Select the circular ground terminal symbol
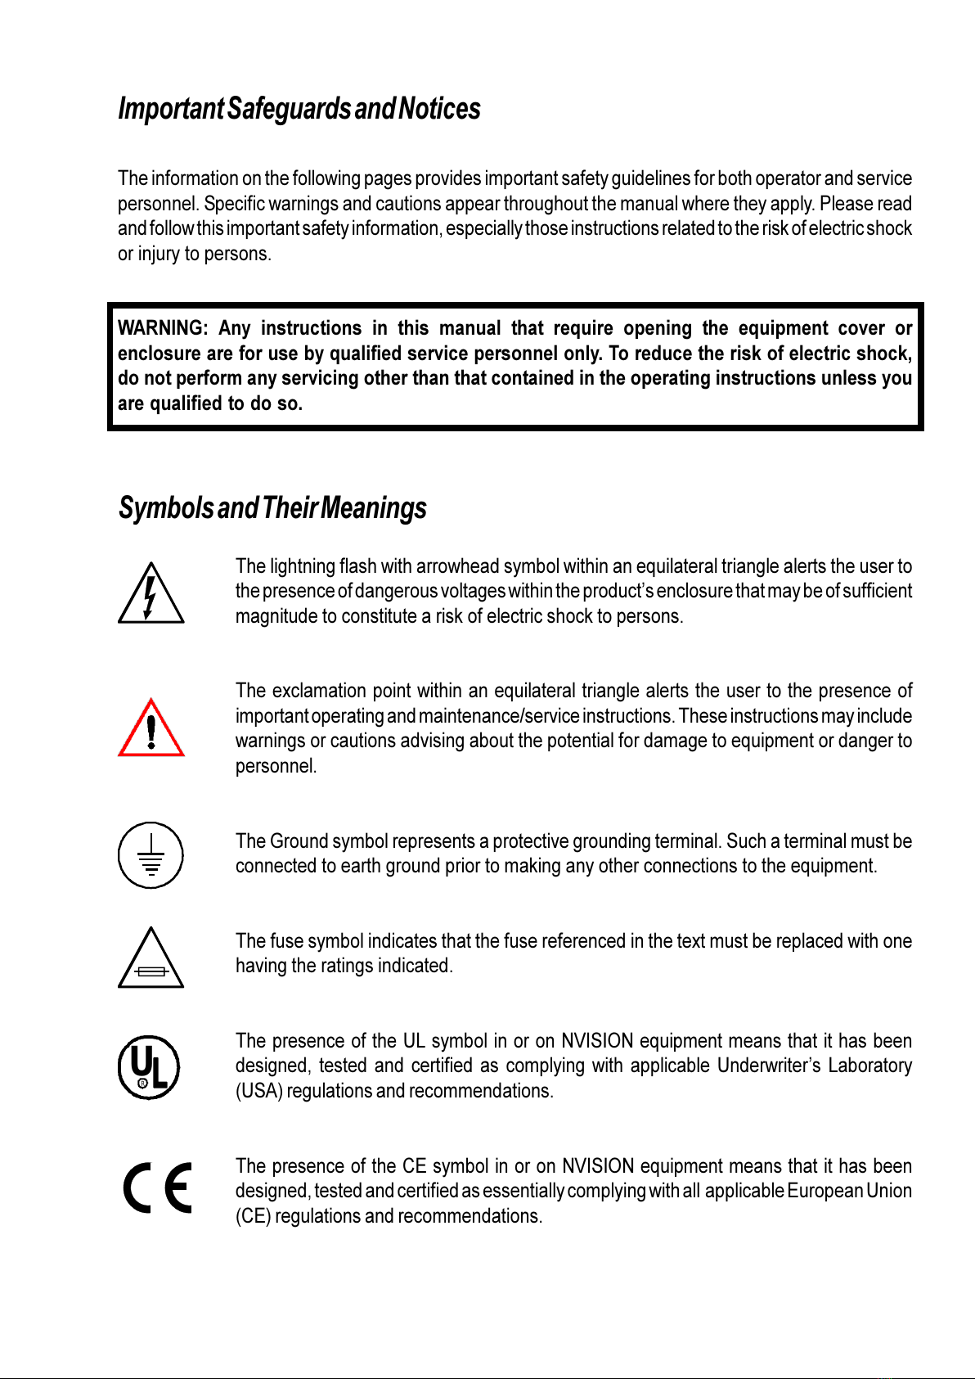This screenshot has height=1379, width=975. pyautogui.click(x=151, y=855)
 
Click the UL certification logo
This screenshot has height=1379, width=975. pyautogui.click(x=148, y=1067)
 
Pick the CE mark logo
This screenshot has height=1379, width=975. pyautogui.click(x=158, y=1187)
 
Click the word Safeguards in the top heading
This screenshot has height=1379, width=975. pyautogui.click(x=290, y=109)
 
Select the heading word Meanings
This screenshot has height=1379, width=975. pyautogui.click(x=374, y=508)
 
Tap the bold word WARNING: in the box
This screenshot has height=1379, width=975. pyautogui.click(x=163, y=329)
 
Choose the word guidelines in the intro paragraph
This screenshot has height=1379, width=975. pyautogui.click(x=650, y=178)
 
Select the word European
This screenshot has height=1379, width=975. pyautogui.click(x=824, y=1191)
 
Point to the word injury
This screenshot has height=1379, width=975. pyautogui.click(x=159, y=254)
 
